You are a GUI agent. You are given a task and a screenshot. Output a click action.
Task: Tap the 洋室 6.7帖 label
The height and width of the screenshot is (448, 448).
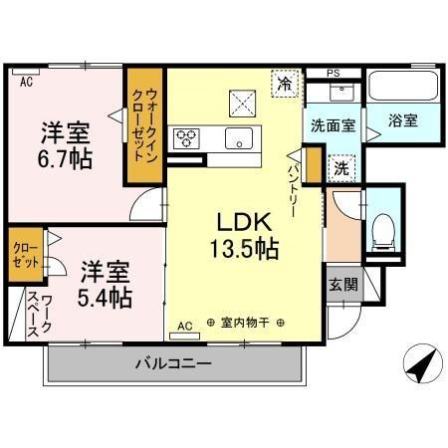point(67,144)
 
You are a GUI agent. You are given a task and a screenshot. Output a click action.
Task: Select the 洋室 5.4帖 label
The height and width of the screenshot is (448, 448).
point(106,283)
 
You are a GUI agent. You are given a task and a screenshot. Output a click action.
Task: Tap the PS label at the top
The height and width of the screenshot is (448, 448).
point(334,73)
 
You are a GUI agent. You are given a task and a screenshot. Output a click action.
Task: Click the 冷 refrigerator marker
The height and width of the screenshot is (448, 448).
point(286,84)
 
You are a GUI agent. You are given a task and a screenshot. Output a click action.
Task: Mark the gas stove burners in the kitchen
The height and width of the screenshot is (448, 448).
point(186,137)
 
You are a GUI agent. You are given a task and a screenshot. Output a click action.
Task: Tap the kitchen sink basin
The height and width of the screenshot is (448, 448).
point(238,137)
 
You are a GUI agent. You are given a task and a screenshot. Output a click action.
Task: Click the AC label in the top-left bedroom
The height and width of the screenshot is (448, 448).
point(26,83)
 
